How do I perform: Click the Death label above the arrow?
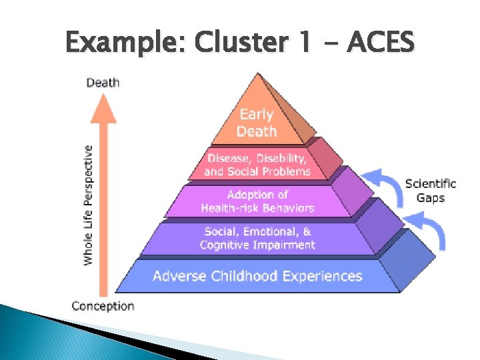(x=103, y=83)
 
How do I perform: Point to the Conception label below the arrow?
(x=103, y=306)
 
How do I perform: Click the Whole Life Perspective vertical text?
(x=88, y=205)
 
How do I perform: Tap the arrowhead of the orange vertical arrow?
(x=103, y=107)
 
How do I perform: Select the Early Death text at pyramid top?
(x=257, y=123)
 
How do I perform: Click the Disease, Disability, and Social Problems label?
(x=257, y=165)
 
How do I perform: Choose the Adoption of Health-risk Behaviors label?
(x=257, y=201)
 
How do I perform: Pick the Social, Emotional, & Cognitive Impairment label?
(x=257, y=238)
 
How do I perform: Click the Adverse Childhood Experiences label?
(x=257, y=276)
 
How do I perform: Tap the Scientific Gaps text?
(x=431, y=190)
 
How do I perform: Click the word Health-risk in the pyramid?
(x=229, y=208)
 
